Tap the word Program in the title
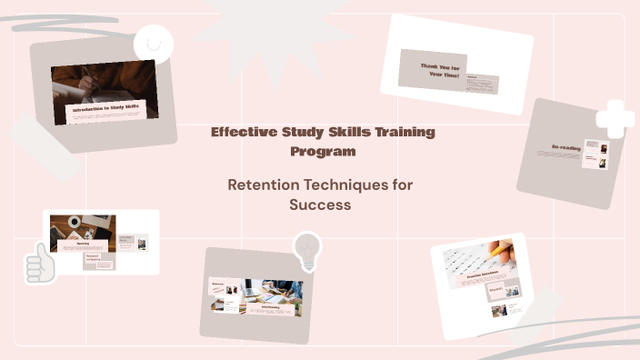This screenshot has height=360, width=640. pyautogui.click(x=319, y=151)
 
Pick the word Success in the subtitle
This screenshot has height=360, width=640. pyautogui.click(x=319, y=205)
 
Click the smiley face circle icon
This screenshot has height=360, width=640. pyautogui.click(x=153, y=43)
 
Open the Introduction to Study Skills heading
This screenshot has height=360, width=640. pyautogui.click(x=105, y=108)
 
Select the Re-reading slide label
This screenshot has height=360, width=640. pyautogui.click(x=565, y=146)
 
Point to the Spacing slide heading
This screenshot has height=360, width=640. pyautogui.click(x=83, y=244)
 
